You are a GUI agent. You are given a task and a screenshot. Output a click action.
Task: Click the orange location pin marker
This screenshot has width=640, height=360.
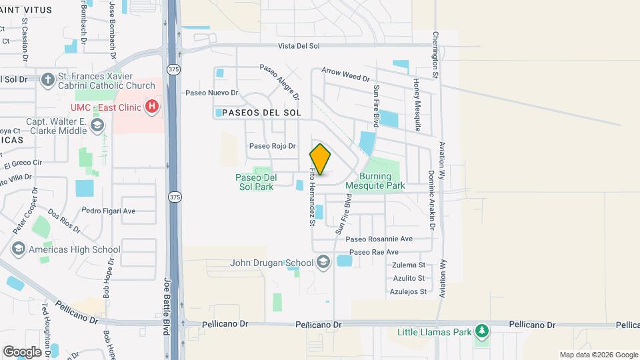[320, 159]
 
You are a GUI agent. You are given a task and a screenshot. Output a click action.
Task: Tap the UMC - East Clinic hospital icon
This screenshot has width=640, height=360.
[153, 106]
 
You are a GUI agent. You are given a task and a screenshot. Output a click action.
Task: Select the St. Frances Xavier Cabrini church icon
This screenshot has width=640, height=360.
[47, 80]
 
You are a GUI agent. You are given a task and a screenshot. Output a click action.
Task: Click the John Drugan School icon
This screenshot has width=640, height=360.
[323, 262]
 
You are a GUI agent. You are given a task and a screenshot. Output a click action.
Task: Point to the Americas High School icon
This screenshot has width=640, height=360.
[18, 249]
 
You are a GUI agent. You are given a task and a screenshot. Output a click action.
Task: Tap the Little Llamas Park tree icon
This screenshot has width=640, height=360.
[481, 331]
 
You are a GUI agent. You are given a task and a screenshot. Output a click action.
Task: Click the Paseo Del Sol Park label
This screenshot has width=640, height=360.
[255, 182]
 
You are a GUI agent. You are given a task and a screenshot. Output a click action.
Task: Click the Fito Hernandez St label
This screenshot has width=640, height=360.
[311, 199]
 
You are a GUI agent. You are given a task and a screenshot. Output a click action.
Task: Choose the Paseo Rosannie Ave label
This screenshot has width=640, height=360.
[379, 239]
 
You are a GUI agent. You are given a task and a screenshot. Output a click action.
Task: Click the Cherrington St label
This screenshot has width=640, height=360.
[435, 55]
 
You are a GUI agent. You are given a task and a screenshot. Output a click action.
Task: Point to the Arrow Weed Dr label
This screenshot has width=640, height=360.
[345, 74]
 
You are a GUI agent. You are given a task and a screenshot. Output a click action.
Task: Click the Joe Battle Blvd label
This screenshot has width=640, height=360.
[167, 306]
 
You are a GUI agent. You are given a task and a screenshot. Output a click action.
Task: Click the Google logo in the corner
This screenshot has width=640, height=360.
[22, 351]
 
